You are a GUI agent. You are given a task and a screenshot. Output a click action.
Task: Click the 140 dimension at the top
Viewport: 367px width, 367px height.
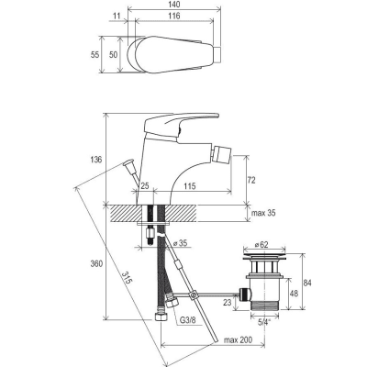(174, 5)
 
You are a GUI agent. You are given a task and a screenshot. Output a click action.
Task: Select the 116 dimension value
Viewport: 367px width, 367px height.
(174, 16)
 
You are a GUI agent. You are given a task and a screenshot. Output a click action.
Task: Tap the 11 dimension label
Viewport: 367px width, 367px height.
(117, 16)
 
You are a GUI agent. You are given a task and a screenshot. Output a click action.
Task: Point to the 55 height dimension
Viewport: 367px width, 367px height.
(95, 54)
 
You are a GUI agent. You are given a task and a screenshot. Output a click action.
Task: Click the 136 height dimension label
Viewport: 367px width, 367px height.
(96, 160)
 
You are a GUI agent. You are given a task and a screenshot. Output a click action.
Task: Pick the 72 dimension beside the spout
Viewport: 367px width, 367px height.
(251, 180)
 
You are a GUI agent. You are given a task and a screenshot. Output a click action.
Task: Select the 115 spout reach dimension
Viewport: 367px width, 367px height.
(190, 185)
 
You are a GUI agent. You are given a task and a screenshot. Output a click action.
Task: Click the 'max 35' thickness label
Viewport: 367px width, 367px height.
(263, 213)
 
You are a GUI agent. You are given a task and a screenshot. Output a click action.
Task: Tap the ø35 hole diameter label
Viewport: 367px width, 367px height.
(180, 244)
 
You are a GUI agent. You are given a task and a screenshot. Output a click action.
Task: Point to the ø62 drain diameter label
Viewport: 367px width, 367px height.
(261, 244)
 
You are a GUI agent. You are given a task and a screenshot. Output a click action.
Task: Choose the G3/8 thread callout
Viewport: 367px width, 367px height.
(188, 320)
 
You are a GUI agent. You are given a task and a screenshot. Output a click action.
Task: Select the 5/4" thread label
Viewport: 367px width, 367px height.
(264, 322)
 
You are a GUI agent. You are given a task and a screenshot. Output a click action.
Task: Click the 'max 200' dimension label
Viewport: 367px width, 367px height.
(238, 339)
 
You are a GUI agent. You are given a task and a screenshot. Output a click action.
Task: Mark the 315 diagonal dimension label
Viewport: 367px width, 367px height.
(127, 278)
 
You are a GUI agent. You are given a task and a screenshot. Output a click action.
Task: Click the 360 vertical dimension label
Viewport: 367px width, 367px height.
(96, 263)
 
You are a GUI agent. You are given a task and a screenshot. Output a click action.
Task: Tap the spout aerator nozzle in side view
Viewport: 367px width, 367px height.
(223, 154)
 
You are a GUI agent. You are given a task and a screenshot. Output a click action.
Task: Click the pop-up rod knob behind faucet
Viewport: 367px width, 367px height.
(128, 162)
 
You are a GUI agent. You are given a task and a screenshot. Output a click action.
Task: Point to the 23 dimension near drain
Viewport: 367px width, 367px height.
(228, 302)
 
